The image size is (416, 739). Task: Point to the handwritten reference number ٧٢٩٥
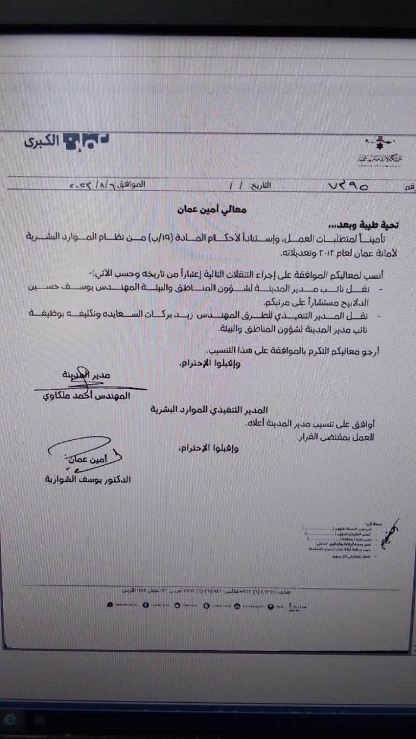pyautogui.click(x=348, y=186)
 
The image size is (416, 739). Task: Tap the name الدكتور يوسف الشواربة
pyautogui.click(x=88, y=479)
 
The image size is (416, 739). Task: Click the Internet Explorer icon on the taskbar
pyautogui.click(x=11, y=720)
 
